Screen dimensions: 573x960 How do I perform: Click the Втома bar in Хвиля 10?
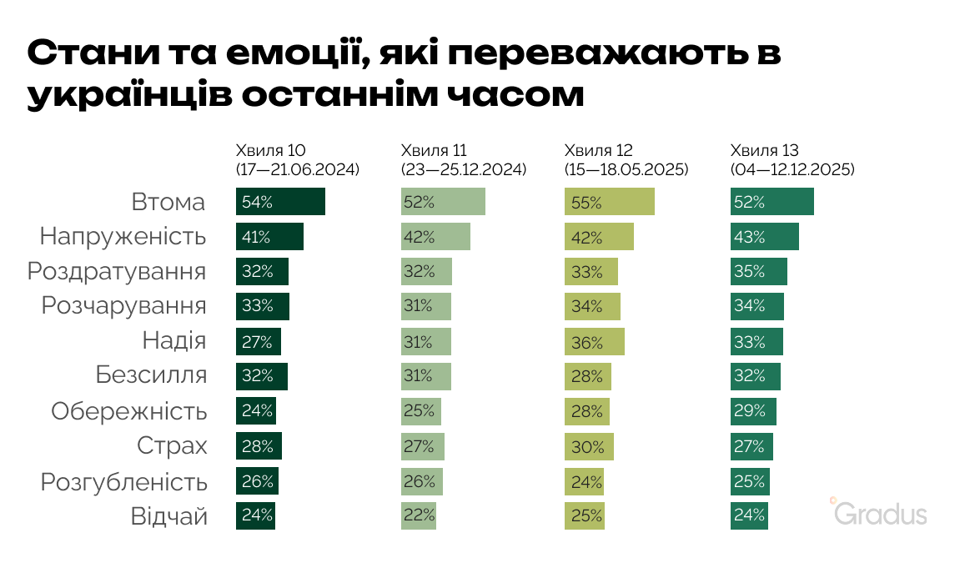pyautogui.click(x=280, y=202)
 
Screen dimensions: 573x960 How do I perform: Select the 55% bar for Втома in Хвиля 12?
pyautogui.click(x=609, y=202)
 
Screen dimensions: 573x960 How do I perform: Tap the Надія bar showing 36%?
pyautogui.click(x=594, y=342)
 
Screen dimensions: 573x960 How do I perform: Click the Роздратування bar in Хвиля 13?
pyautogui.click(x=758, y=272)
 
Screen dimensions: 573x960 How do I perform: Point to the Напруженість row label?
pyautogui.click(x=123, y=237)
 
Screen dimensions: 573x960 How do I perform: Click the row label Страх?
pyautogui.click(x=172, y=446)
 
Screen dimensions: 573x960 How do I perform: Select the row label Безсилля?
pyautogui.click(x=151, y=376)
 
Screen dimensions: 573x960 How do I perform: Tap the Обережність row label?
pyautogui.click(x=128, y=411)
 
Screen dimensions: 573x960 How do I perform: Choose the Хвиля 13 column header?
pyautogui.click(x=764, y=151)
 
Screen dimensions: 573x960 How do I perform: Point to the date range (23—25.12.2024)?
pyautogui.click(x=464, y=169)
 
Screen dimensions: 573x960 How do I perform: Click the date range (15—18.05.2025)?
pyautogui.click(x=626, y=169)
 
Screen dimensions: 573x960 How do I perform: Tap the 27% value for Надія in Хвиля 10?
pyautogui.click(x=256, y=342)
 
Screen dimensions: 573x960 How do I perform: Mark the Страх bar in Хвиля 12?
pyautogui.click(x=589, y=446)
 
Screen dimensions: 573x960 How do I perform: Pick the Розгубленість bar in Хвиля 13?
pyautogui.click(x=750, y=481)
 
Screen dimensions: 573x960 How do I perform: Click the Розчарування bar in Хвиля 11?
pyautogui.click(x=425, y=307)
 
